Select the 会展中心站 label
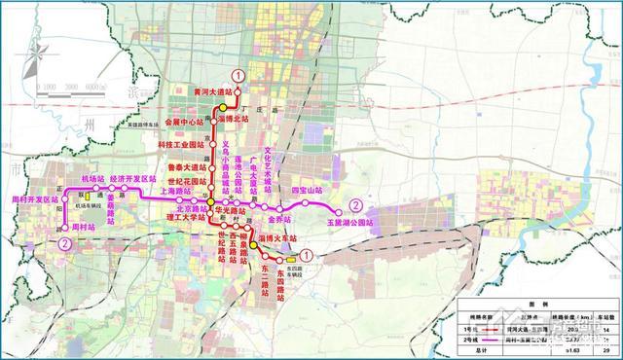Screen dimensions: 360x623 pos(185,124)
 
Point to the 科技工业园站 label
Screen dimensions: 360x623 pos(183,144)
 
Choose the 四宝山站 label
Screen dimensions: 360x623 pos(306,190)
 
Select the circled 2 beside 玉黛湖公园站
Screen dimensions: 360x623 pos(357,206)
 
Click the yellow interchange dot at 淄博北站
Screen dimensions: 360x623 pos(222,108)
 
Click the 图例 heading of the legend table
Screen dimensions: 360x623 pos(540,305)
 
